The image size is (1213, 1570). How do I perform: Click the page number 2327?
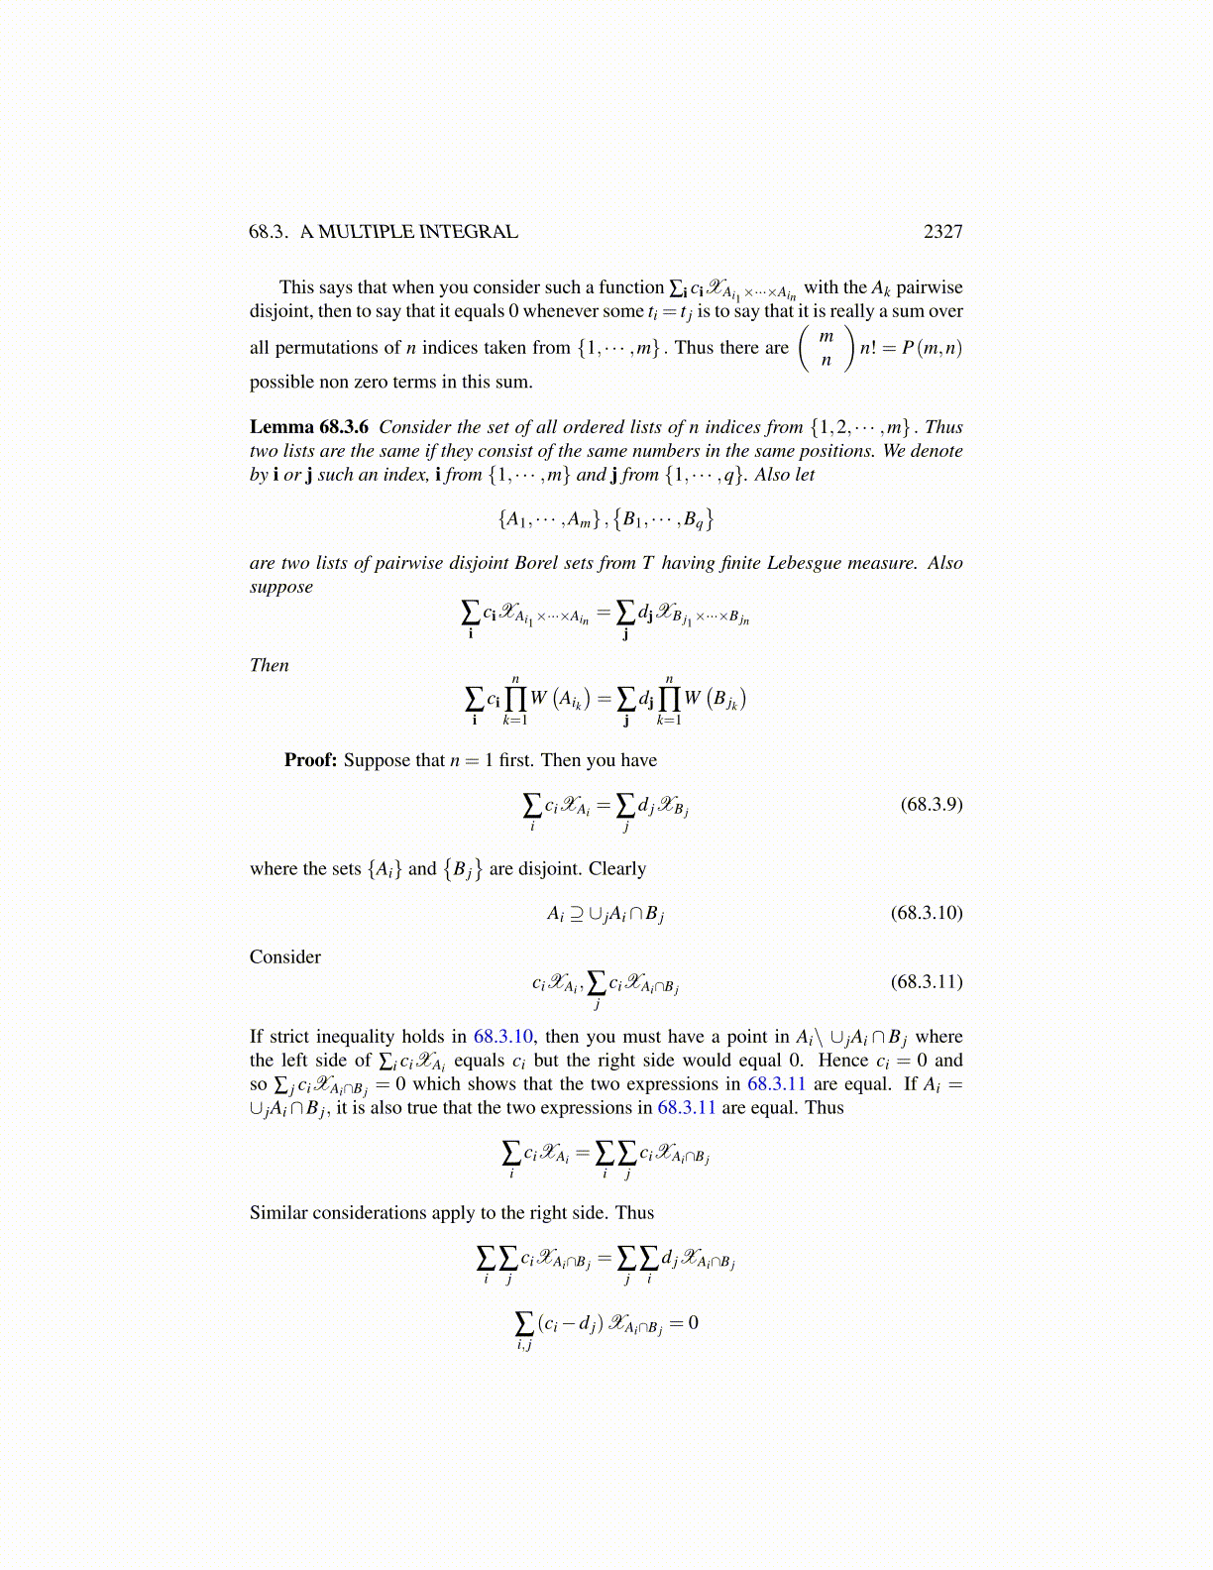point(942,232)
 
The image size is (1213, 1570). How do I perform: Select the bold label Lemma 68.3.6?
point(308,427)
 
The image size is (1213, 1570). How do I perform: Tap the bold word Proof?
point(310,760)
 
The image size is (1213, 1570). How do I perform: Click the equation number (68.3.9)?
point(931,804)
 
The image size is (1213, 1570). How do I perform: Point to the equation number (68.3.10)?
point(927,913)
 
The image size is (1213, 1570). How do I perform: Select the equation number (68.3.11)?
point(927,982)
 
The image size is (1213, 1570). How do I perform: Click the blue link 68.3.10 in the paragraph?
point(502,1037)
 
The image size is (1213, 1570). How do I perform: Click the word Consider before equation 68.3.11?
point(285,957)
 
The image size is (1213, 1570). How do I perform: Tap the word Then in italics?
point(269,666)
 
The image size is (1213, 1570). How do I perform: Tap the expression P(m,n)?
point(932,348)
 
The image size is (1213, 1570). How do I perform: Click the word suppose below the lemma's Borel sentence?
point(280,587)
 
